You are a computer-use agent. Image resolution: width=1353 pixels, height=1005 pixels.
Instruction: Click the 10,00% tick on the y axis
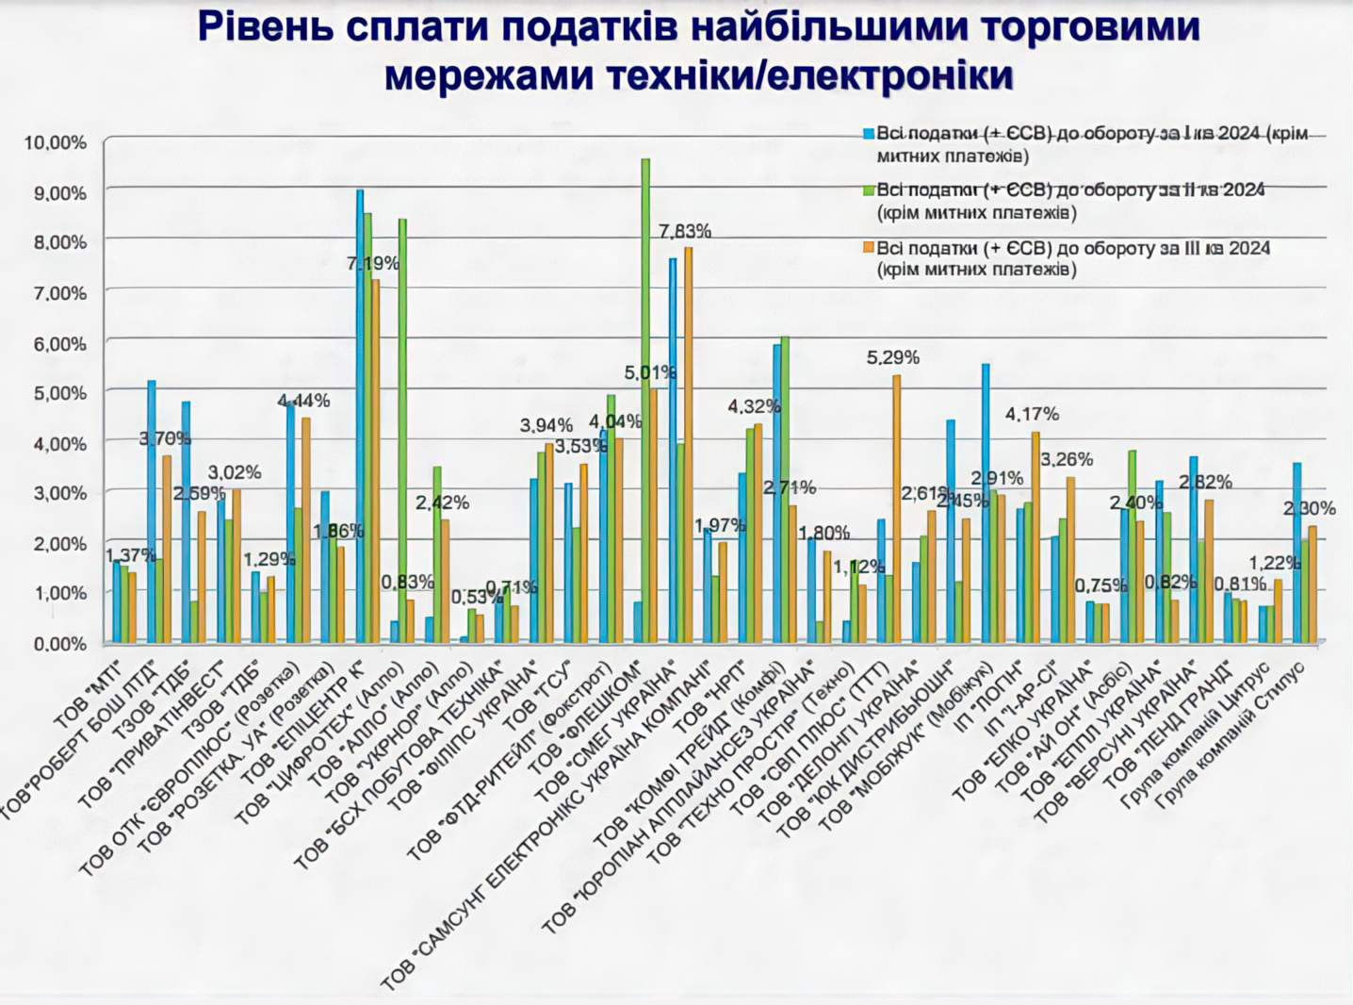point(56,142)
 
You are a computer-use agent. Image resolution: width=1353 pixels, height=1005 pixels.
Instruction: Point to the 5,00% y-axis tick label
point(60,393)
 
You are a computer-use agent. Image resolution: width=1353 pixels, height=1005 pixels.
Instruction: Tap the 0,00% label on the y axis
point(60,644)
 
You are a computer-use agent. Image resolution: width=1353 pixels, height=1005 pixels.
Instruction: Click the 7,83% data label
point(685,231)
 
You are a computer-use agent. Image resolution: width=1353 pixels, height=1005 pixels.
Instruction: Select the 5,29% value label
point(893,357)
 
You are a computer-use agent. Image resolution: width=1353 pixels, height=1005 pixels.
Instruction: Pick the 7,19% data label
point(373,263)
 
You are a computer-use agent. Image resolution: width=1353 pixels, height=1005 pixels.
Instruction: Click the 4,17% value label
point(1032,414)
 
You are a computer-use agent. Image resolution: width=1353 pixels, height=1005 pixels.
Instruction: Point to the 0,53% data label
point(477,597)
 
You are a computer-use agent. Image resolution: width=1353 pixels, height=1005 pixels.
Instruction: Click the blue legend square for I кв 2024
point(870,134)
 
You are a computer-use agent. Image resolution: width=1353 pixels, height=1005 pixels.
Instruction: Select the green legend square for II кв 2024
point(870,190)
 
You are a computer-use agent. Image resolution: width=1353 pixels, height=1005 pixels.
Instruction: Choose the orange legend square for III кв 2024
point(870,249)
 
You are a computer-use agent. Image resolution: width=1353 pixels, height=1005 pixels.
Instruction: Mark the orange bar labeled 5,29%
point(897,509)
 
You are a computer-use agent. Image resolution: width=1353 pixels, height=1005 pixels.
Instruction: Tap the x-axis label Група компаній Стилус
point(1231,735)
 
